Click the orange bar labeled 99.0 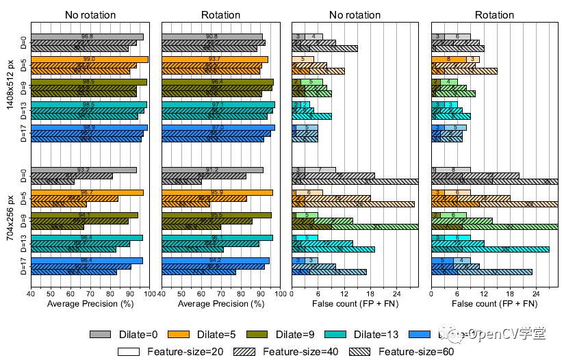pos(89,60)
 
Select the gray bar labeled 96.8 pos(87,37)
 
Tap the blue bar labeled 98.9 pos(89,127)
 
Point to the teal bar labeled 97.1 pos(218,105)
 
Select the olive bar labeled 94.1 pos(84,215)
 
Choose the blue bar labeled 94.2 pos(216,260)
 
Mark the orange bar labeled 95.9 pos(217,192)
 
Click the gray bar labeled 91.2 pos(212,170)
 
